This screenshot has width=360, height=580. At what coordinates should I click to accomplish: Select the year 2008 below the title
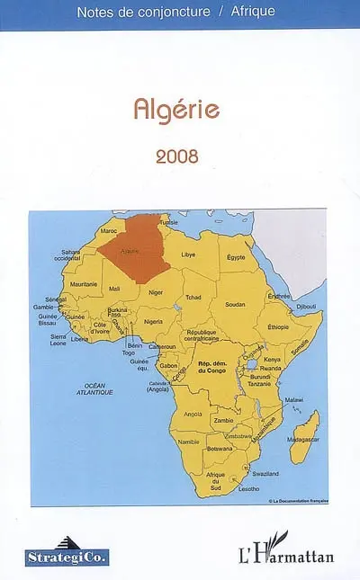[176, 155]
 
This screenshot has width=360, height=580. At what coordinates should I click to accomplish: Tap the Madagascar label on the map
[303, 438]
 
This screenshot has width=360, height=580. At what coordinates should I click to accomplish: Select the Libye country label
[188, 254]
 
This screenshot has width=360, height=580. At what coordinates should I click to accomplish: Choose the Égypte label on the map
[236, 257]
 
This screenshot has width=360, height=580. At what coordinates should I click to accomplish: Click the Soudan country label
[235, 304]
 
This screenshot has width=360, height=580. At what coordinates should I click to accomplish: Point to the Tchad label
[193, 297]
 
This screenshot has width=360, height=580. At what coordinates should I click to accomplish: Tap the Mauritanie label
[84, 283]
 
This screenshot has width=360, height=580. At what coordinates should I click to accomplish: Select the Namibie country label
[188, 442]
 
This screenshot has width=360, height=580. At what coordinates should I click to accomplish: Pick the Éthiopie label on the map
[278, 326]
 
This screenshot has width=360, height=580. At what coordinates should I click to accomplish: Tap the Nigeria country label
[153, 321]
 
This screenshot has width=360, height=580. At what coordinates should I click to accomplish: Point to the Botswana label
[220, 448]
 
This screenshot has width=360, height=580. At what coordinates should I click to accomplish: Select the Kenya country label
[272, 359]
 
